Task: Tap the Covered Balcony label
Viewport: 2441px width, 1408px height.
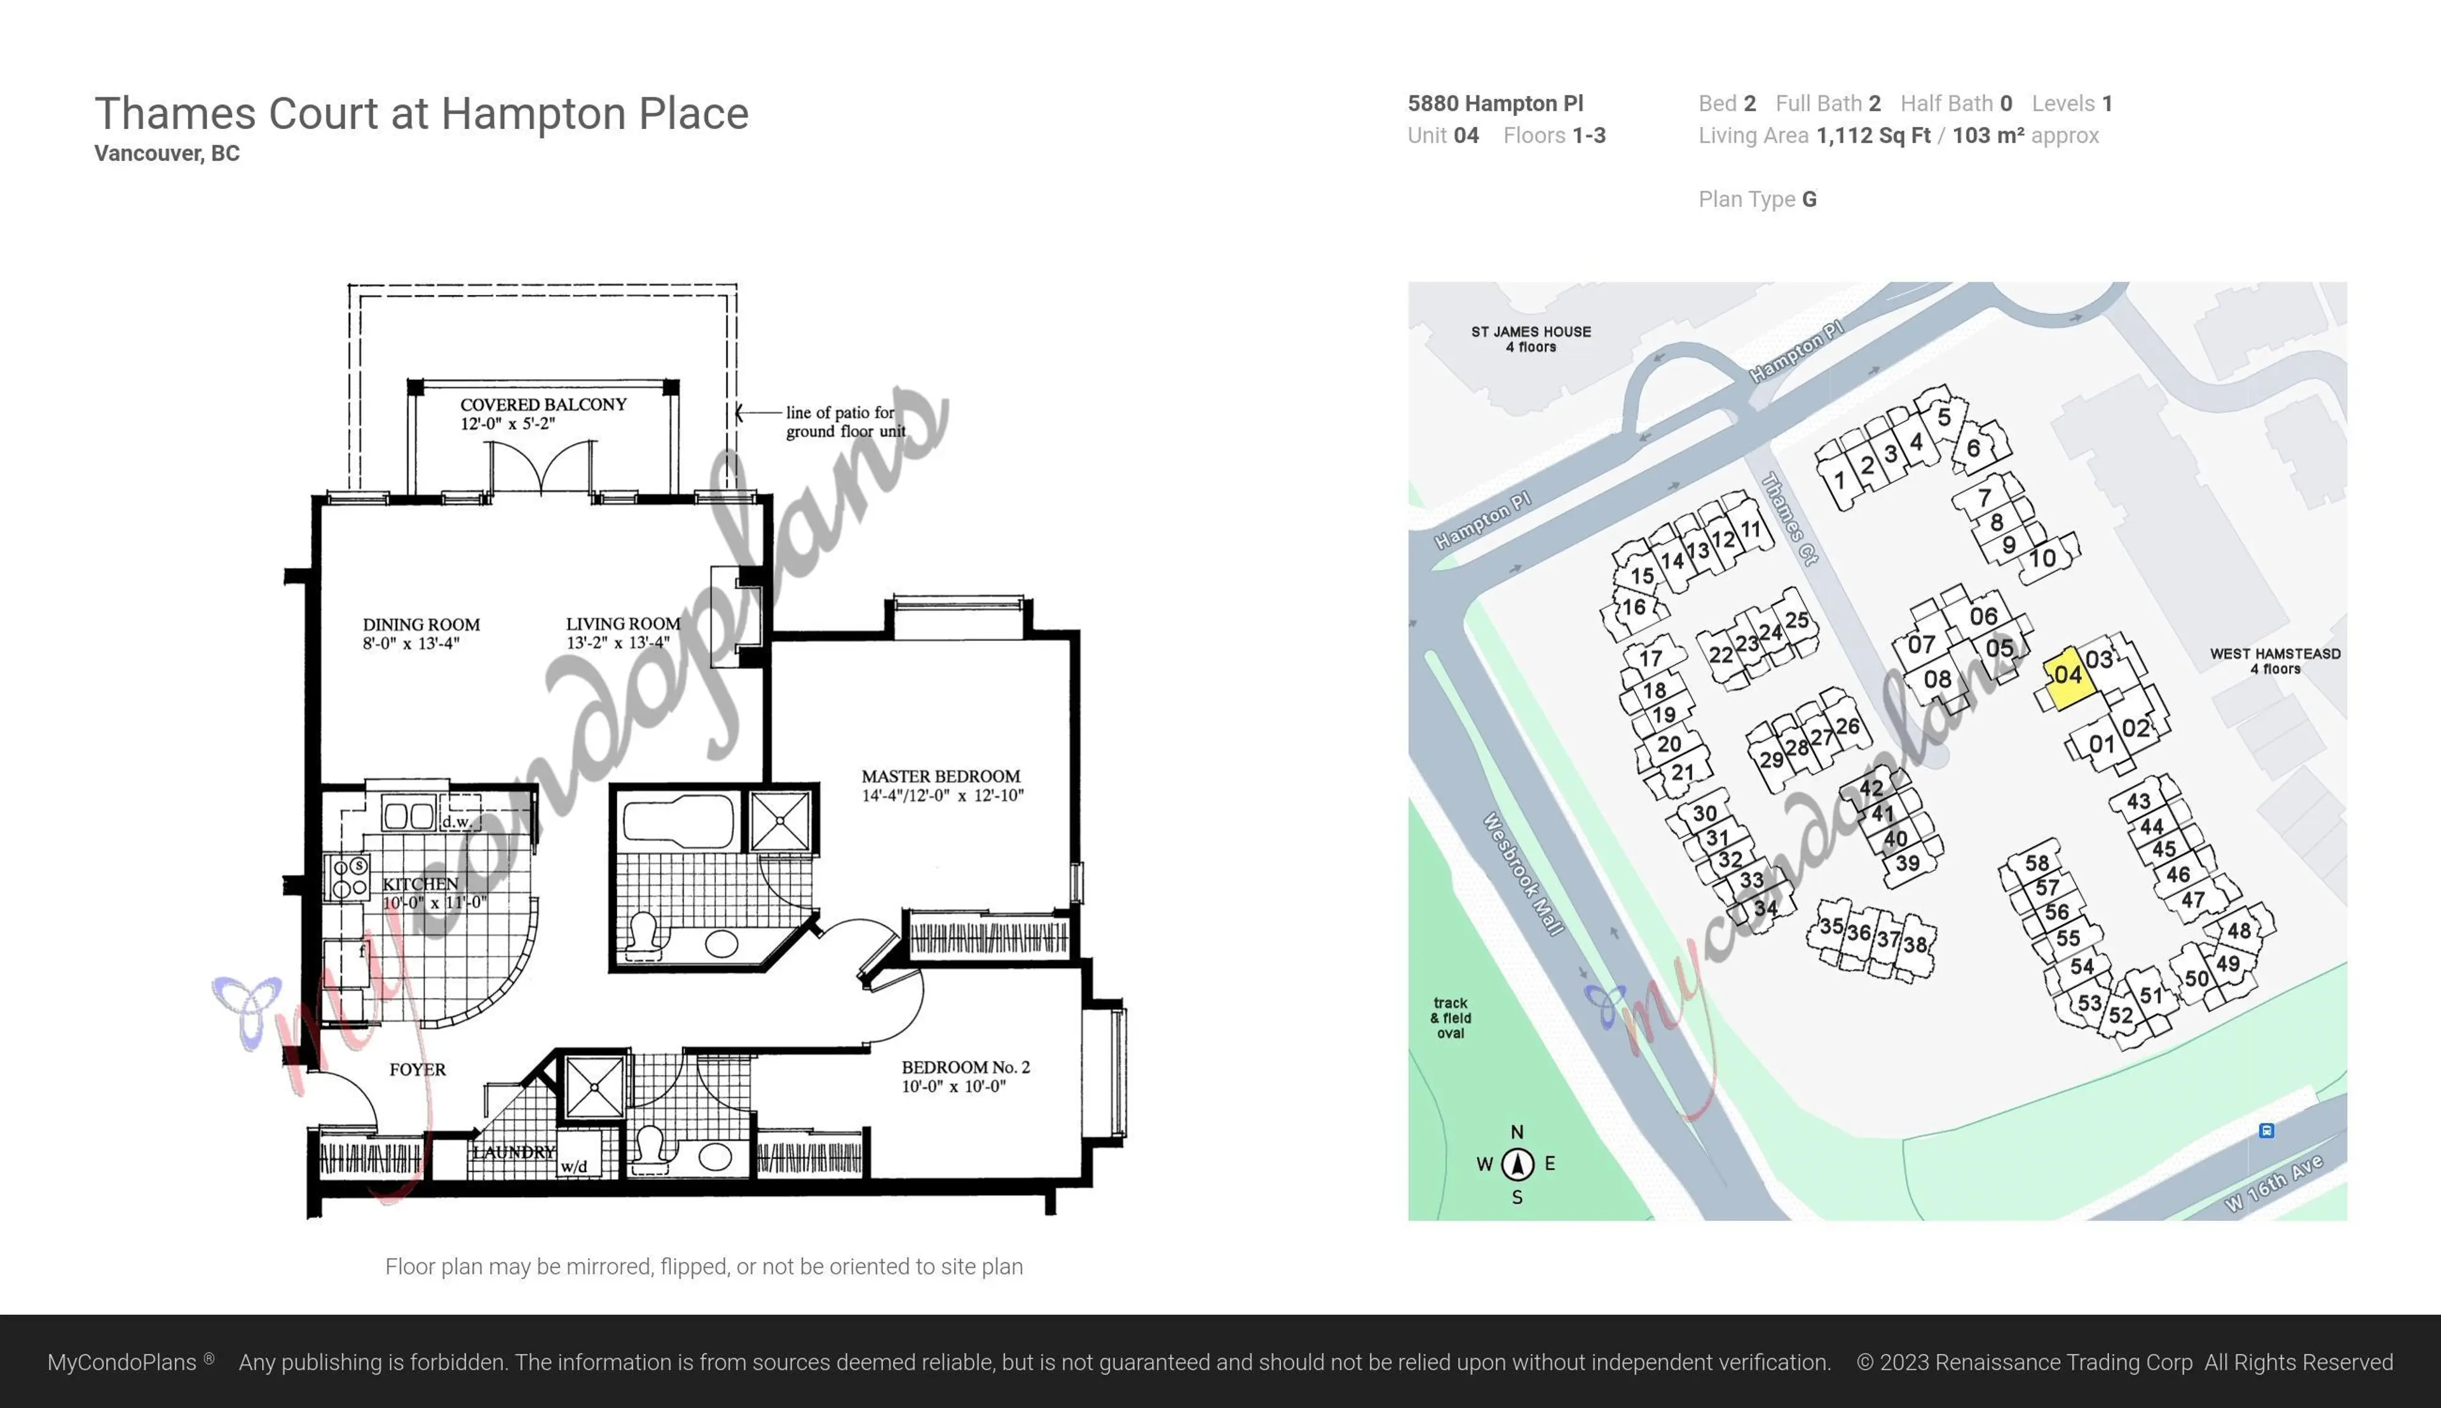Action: [x=544, y=405]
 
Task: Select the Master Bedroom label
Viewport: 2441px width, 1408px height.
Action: [x=941, y=777]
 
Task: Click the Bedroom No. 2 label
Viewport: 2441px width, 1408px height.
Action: [x=965, y=1068]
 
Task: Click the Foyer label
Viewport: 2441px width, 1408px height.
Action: [x=418, y=1070]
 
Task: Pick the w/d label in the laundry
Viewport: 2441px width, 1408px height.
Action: [x=573, y=1167]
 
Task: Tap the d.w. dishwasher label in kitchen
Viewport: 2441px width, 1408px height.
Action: [x=456, y=822]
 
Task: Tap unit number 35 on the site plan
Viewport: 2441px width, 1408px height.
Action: [x=1830, y=926]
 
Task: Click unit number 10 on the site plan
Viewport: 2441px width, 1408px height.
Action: [x=2042, y=558]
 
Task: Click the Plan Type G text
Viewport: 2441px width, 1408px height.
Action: [x=1758, y=199]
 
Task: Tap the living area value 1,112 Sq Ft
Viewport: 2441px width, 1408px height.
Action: [x=1873, y=135]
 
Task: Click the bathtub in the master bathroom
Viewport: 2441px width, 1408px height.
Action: [x=678, y=820]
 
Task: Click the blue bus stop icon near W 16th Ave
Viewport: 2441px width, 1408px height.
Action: [x=2266, y=1130]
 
